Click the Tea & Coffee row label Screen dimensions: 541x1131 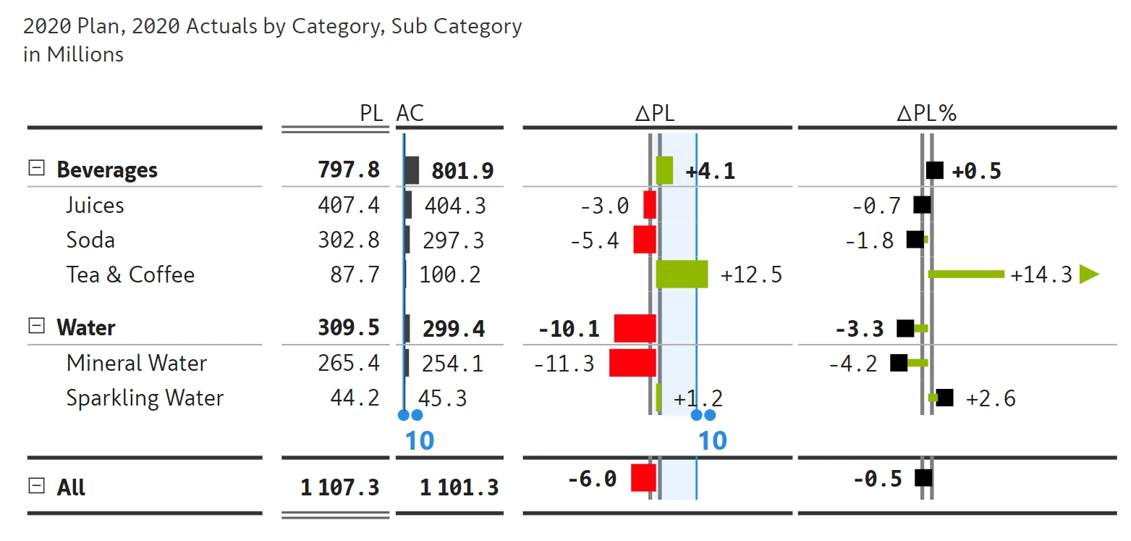(x=130, y=275)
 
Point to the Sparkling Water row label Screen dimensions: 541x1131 (x=145, y=398)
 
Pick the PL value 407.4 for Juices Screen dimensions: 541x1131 (x=348, y=205)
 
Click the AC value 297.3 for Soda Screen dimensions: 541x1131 (x=454, y=240)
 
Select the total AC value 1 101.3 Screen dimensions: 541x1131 (x=459, y=487)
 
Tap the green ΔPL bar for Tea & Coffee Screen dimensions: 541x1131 (x=682, y=274)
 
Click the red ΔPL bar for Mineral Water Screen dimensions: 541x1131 (x=632, y=363)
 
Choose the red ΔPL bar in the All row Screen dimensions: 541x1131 (x=643, y=478)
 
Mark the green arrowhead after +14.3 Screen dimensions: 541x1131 (x=1088, y=274)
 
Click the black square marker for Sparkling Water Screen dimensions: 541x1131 (x=944, y=398)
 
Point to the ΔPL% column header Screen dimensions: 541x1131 (x=926, y=113)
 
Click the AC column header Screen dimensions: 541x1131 (x=410, y=113)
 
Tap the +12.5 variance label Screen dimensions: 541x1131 (x=751, y=275)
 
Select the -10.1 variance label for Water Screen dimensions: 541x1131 (x=569, y=329)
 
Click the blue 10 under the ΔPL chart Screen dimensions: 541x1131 (x=712, y=440)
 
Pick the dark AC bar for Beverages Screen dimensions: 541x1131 (x=412, y=169)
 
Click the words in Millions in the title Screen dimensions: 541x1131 (x=73, y=54)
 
